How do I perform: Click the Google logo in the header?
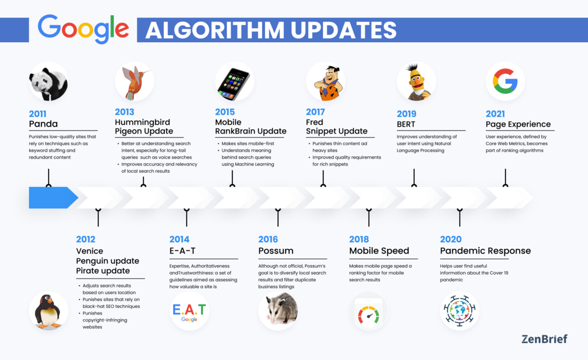pos(83,29)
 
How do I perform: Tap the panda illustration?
pos(49,83)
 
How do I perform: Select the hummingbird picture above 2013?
pos(135,82)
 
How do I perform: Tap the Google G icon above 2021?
pos(505,81)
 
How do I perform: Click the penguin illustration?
pos(48,310)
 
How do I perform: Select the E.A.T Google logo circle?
pos(189,311)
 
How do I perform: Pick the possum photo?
pos(278,310)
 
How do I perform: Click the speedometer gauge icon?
pos(369,313)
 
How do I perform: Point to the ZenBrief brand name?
pos(544,338)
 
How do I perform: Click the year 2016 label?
pos(268,239)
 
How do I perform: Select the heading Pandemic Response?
pos(485,251)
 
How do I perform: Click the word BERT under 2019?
pos(406,124)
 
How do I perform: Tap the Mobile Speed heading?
pos(379,251)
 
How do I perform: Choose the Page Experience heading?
pos(518,124)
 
